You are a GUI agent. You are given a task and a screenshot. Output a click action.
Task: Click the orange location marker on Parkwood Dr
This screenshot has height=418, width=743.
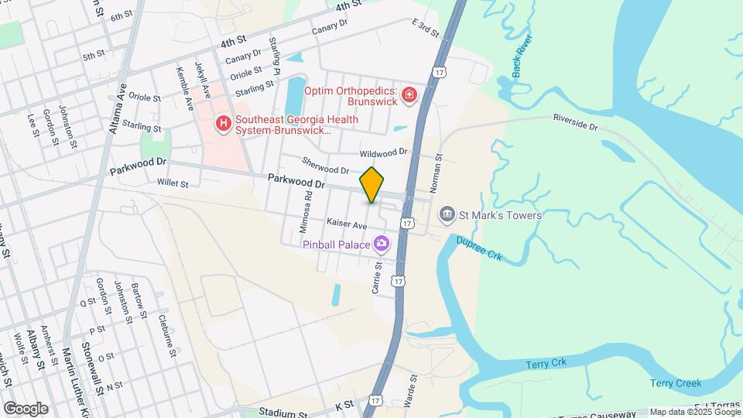click(x=372, y=185)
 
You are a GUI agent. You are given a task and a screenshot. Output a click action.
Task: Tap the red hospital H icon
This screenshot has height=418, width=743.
click(x=224, y=124)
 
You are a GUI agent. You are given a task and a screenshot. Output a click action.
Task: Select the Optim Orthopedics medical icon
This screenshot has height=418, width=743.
click(x=409, y=96)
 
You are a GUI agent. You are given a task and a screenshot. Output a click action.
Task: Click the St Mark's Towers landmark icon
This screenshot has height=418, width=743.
click(x=447, y=214)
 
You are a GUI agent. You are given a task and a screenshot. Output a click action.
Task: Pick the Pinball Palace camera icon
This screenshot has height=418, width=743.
click(x=381, y=245)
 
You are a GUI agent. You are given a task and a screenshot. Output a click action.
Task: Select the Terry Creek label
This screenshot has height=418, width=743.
click(x=676, y=383)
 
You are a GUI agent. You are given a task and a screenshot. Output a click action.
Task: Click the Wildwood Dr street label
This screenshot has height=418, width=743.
click(x=383, y=152)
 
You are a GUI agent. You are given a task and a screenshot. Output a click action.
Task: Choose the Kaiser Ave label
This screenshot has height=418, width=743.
click(x=346, y=224)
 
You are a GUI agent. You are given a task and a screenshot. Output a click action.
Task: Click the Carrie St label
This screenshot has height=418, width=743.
click(x=378, y=276)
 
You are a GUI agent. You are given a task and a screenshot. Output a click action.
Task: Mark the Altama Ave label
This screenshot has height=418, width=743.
click(x=118, y=109)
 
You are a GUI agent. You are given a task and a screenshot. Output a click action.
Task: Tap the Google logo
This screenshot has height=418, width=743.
click(x=26, y=409)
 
